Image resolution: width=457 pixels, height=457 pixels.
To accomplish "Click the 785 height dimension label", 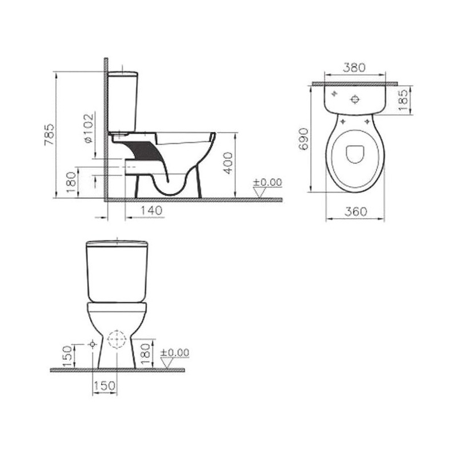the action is click(x=49, y=135).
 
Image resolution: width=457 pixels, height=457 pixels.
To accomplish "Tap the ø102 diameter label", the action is click(x=89, y=128).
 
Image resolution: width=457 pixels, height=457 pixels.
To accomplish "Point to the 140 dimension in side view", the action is click(x=151, y=210).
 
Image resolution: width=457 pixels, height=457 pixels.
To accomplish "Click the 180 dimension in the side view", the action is click(x=71, y=182).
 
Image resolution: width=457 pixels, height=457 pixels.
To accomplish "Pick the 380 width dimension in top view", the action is click(x=354, y=67).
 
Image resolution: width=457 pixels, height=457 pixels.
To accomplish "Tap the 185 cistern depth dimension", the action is click(x=403, y=100).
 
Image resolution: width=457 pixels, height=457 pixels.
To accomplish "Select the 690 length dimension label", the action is click(x=304, y=139).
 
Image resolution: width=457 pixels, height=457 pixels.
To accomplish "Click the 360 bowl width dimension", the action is click(x=356, y=211).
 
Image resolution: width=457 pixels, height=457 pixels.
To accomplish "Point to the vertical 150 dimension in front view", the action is click(x=67, y=356).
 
